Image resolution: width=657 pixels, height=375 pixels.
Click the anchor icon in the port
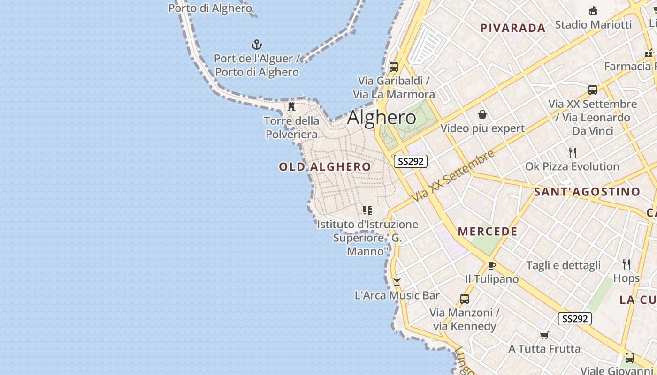(x=257, y=45)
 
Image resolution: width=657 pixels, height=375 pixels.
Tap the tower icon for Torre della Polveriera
(x=291, y=106)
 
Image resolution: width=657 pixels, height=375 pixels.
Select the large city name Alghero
(x=382, y=118)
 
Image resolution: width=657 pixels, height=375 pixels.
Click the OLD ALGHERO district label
(x=325, y=167)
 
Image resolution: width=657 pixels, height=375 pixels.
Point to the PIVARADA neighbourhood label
(x=513, y=28)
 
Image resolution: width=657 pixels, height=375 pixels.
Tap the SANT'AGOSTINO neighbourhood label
(x=587, y=191)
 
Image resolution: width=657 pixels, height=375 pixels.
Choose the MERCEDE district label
(x=488, y=232)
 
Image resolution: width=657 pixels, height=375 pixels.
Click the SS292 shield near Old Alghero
(x=411, y=161)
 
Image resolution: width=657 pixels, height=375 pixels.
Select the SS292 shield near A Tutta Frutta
(x=575, y=319)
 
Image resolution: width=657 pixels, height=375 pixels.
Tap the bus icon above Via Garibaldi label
(x=394, y=67)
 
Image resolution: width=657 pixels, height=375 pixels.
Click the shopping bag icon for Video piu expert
(x=482, y=114)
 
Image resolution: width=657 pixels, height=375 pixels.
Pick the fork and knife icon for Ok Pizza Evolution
(x=572, y=153)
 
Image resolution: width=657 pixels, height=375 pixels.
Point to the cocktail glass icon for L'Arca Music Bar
(x=397, y=281)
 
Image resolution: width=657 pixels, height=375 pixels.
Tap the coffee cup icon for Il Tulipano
(x=491, y=265)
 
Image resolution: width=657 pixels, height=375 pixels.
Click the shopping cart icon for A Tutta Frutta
(x=544, y=335)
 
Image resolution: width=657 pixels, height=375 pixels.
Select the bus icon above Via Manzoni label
(x=464, y=299)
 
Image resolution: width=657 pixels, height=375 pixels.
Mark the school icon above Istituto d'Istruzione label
(x=367, y=210)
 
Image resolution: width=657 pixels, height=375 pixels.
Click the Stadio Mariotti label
(x=593, y=24)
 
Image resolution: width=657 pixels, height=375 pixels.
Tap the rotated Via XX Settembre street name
(x=453, y=176)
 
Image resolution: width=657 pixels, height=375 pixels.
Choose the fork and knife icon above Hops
(x=626, y=264)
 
